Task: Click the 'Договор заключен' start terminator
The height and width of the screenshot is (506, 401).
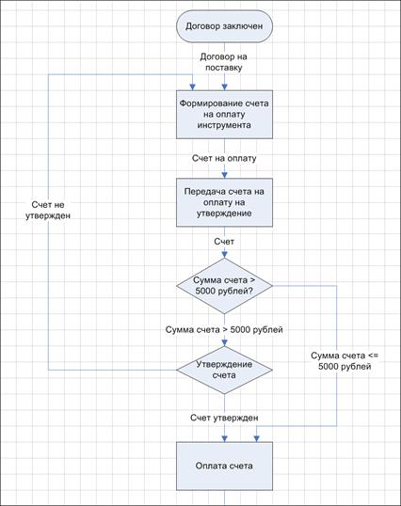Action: click(224, 26)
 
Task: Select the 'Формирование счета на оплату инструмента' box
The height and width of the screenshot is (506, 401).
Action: click(224, 114)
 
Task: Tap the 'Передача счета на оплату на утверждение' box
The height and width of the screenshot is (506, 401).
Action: click(224, 202)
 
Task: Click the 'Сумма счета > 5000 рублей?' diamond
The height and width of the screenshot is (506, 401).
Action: click(224, 286)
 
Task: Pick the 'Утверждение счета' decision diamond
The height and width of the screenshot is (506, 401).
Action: click(224, 370)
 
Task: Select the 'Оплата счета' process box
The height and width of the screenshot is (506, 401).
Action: click(224, 466)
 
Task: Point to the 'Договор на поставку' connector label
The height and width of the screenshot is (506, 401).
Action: click(224, 62)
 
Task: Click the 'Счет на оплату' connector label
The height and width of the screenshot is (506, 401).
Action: click(224, 158)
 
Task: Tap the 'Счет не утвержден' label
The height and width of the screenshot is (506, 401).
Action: click(48, 210)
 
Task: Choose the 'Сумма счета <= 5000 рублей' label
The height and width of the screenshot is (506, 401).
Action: click(345, 361)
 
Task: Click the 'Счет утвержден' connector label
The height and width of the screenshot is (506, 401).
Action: click(224, 418)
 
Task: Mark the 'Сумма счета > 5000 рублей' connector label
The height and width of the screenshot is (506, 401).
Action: click(224, 329)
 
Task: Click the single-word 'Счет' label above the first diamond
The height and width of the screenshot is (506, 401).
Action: click(224, 242)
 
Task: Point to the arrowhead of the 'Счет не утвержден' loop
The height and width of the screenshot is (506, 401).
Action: click(192, 87)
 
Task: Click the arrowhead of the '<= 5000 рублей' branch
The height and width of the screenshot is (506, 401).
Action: click(257, 439)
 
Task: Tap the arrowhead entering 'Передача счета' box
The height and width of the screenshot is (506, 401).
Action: click(224, 175)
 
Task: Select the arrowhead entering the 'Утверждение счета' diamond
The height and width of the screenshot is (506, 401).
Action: click(224, 343)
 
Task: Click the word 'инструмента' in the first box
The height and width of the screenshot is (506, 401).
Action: click(224, 125)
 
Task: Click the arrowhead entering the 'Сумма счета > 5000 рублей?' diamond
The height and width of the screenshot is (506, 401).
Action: click(224, 255)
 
